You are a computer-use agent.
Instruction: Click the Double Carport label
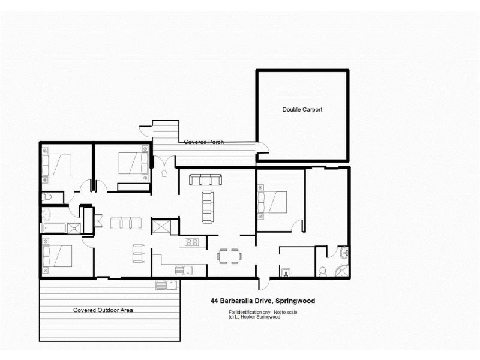[302, 110]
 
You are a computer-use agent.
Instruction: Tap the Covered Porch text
[204, 142]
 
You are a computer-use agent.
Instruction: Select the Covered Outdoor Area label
[103, 310]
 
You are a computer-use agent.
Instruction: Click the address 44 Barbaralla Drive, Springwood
[263, 301]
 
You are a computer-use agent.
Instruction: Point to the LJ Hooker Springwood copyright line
[254, 317]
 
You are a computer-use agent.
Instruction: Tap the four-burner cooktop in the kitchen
[191, 242]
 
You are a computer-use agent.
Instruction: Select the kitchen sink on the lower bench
[182, 270]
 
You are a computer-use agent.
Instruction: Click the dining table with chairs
[229, 256]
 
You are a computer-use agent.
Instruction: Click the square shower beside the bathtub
[74, 227]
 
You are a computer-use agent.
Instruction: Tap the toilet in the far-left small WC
[47, 197]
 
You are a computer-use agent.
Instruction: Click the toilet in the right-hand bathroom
[322, 271]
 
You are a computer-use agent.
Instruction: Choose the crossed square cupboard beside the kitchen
[161, 227]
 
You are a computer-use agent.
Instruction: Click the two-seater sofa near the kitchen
[139, 253]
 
